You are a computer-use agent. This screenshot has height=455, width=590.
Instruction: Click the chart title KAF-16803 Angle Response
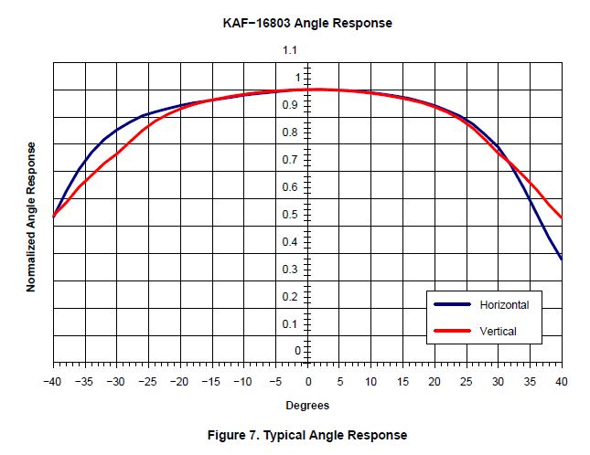tap(308, 22)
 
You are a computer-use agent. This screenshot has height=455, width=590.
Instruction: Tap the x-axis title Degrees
tap(307, 405)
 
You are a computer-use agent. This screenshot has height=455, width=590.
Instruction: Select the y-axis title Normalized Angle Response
tap(31, 217)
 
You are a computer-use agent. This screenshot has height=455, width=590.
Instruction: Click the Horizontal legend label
tap(504, 304)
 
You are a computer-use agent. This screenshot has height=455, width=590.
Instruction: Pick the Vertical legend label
tap(499, 331)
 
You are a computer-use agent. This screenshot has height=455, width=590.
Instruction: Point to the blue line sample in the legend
tap(453, 304)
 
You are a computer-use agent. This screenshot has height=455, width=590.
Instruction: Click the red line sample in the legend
tap(453, 331)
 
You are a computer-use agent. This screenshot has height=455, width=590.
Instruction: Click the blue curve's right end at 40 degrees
tap(561, 259)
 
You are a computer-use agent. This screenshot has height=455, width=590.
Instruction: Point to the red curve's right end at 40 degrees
tap(561, 217)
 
